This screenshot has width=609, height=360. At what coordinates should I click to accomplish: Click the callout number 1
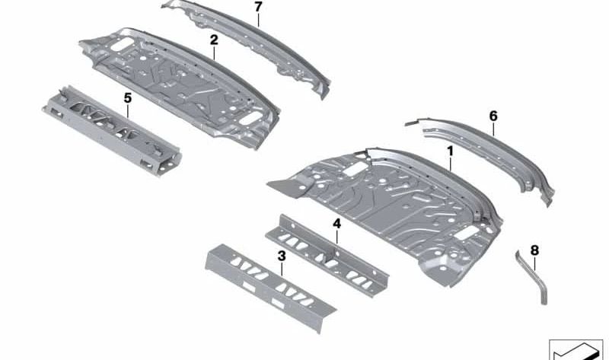point(450,151)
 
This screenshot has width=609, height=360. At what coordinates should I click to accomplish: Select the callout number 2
point(214,40)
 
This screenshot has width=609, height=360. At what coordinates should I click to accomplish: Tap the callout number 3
point(282,256)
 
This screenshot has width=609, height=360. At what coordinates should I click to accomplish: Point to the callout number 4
point(336,224)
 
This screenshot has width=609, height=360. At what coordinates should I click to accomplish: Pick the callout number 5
point(128,98)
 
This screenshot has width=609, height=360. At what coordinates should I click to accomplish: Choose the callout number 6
point(493,116)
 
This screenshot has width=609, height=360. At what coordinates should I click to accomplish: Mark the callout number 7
point(258,7)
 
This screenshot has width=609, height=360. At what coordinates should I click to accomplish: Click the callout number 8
point(535,250)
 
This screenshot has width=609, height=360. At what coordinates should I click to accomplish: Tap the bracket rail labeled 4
point(327,255)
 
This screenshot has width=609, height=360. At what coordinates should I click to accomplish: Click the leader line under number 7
point(258,20)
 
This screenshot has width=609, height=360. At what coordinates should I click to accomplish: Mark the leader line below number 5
point(128,111)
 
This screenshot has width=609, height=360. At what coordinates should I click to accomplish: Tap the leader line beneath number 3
point(282,269)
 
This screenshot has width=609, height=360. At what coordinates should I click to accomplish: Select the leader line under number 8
point(535,263)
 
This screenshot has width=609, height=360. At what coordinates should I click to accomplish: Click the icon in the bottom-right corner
point(576,349)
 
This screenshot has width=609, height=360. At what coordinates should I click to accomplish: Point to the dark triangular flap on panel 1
point(288,187)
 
